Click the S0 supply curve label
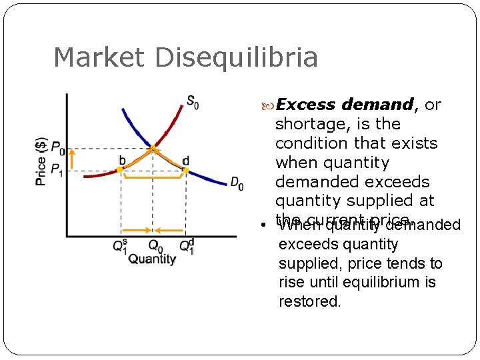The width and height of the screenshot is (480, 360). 192,103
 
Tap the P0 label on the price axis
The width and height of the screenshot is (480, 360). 58,148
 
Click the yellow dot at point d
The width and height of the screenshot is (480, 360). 186,171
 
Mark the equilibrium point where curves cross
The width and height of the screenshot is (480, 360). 153,147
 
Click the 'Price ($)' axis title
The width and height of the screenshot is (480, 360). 41,161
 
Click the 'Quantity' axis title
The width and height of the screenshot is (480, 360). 152,259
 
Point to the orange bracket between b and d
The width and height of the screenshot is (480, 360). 153,178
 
